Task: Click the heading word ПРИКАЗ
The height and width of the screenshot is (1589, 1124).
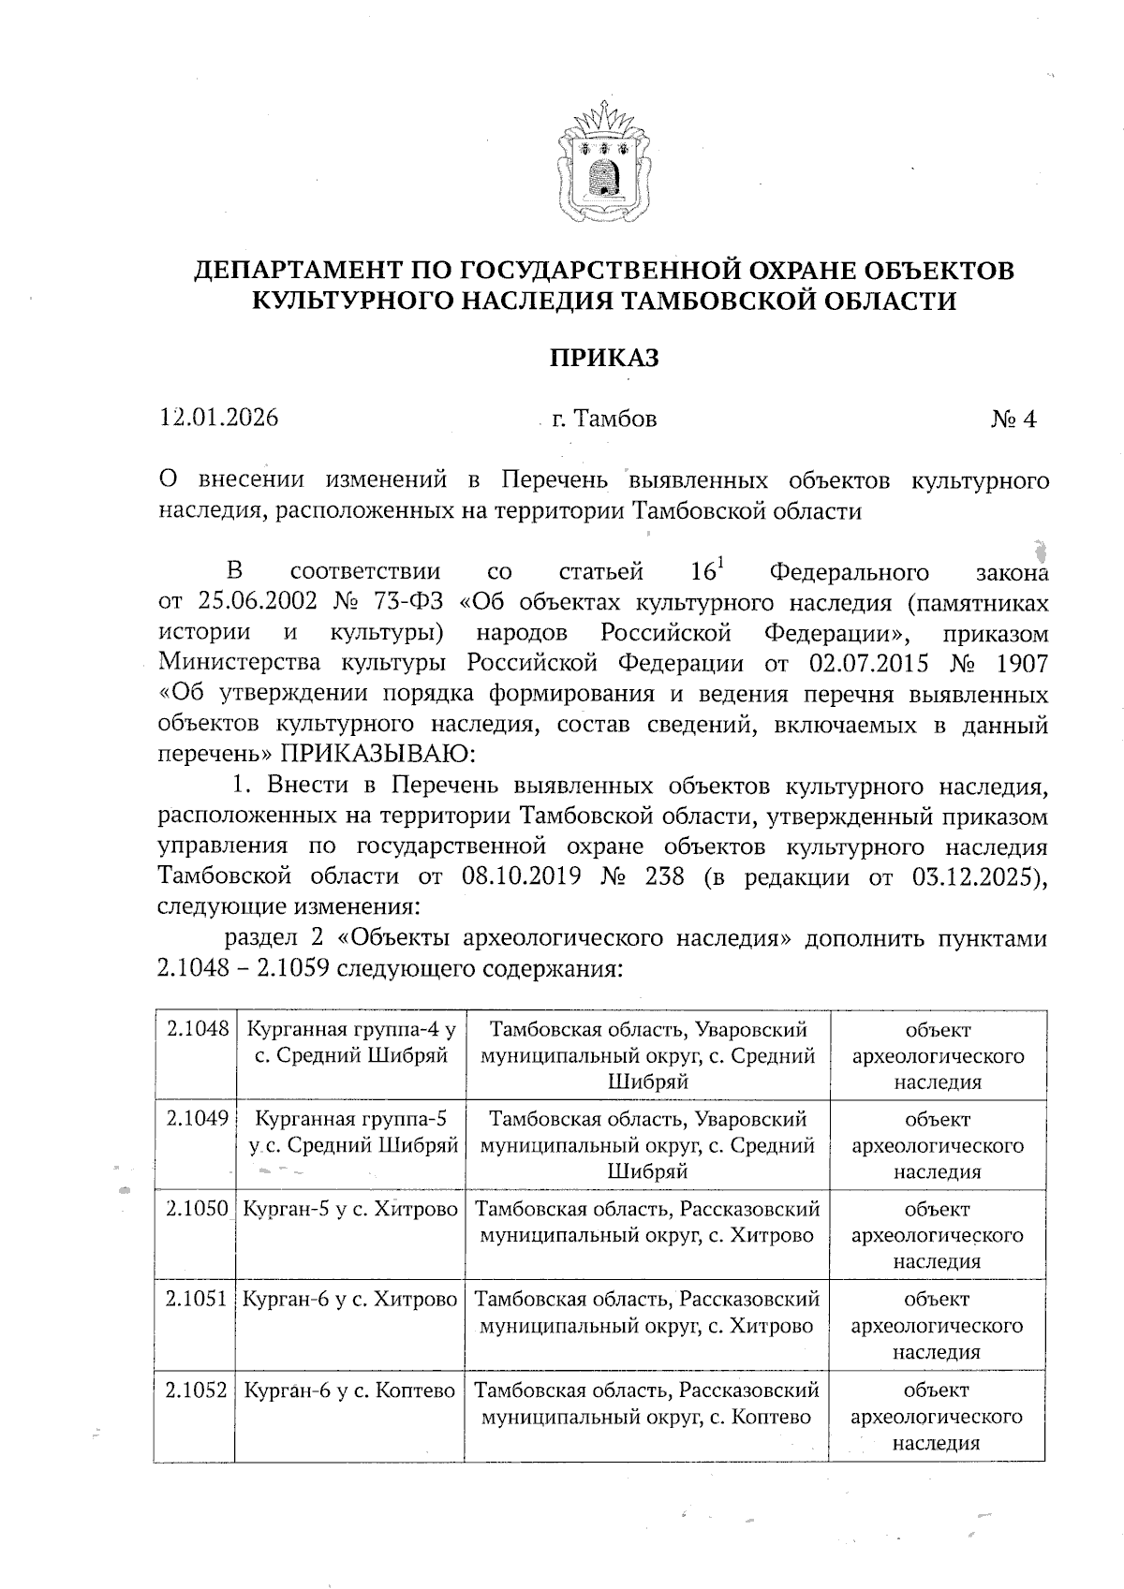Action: [x=603, y=358]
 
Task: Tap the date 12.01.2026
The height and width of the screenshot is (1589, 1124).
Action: [x=219, y=418]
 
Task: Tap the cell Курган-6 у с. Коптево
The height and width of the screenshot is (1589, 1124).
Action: [x=349, y=1390]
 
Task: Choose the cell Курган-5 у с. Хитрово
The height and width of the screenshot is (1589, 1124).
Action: [x=349, y=1210]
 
